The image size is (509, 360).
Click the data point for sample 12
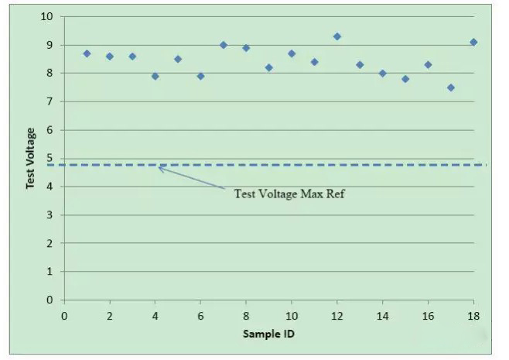[337, 36]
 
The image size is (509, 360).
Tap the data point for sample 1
[87, 53]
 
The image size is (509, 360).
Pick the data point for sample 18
[473, 42]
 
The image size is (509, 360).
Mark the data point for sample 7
[224, 45]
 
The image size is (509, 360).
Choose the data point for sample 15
[405, 79]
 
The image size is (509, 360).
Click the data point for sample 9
[268, 67]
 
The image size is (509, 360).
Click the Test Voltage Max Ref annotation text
[289, 194]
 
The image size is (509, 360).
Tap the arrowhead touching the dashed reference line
[160, 167]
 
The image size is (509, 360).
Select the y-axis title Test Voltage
[30, 158]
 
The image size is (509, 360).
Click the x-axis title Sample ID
[268, 334]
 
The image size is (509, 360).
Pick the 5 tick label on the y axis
[50, 159]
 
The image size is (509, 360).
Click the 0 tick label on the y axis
[50, 300]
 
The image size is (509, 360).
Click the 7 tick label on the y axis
[50, 101]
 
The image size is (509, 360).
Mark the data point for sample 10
[292, 53]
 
